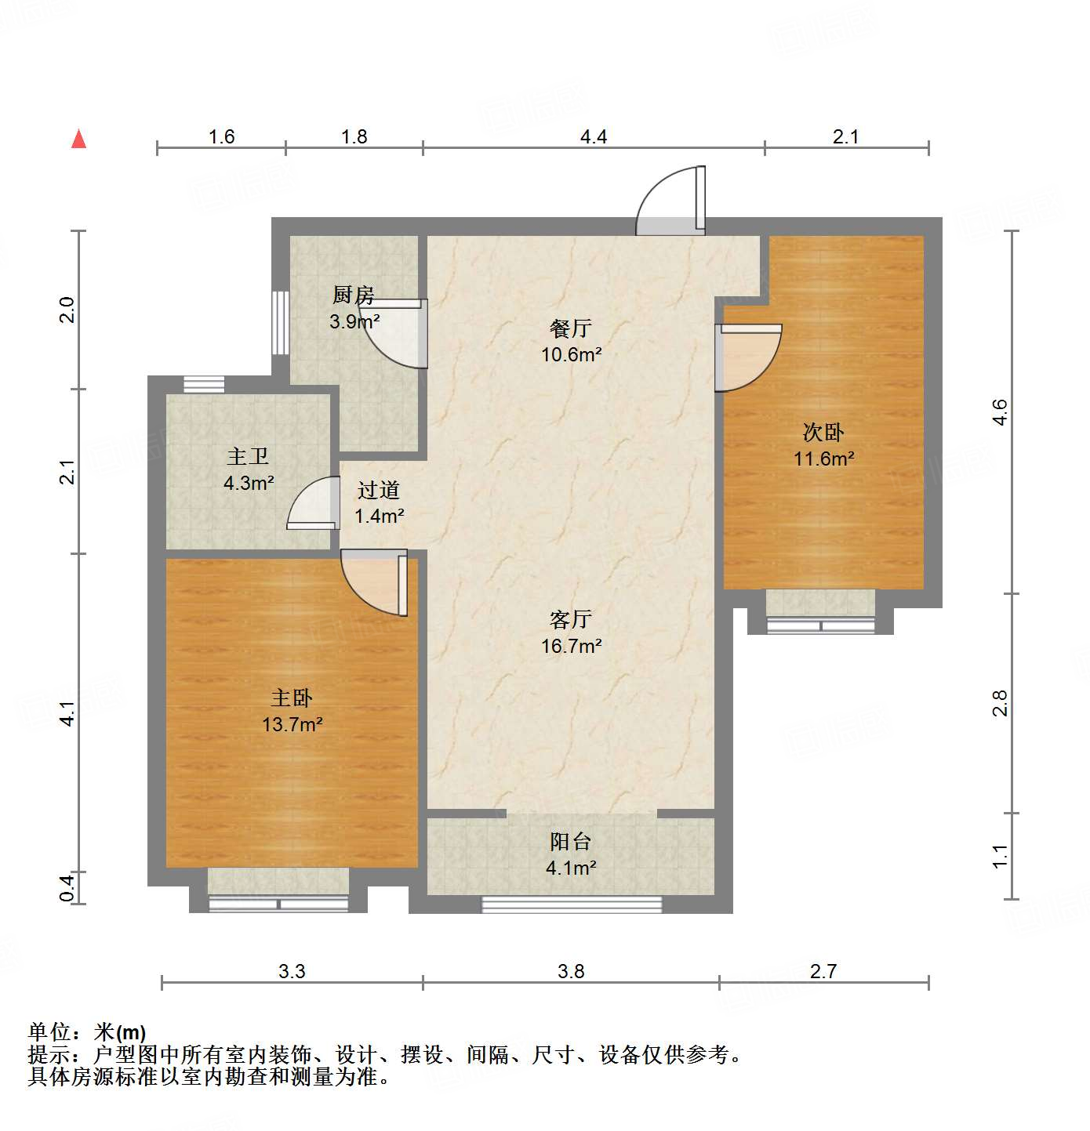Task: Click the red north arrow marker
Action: [78, 139]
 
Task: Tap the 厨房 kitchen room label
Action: [354, 295]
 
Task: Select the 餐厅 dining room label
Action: [571, 328]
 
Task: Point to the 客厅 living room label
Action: [571, 620]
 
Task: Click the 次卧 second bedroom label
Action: [823, 433]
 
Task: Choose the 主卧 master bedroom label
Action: [292, 698]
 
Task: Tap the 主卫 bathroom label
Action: [248, 457]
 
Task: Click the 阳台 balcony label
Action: [571, 842]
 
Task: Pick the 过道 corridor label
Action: [379, 491]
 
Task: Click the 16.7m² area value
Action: [571, 647]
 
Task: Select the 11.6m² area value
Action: [823, 459]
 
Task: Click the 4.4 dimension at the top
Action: [594, 137]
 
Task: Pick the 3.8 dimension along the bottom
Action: [571, 972]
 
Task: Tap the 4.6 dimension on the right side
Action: [1000, 412]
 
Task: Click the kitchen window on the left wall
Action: [280, 323]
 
